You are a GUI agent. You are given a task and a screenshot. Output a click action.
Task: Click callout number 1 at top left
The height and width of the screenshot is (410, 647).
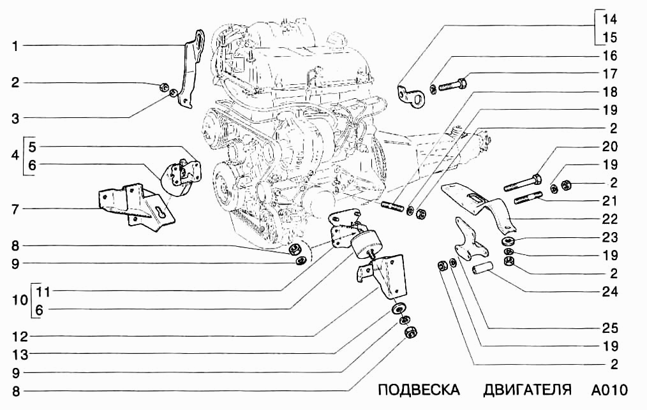pyautogui.click(x=14, y=46)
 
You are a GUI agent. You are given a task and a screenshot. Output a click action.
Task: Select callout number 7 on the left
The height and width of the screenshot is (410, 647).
pyautogui.click(x=14, y=209)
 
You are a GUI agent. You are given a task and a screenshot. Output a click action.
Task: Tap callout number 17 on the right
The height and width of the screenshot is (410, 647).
pyautogui.click(x=610, y=74)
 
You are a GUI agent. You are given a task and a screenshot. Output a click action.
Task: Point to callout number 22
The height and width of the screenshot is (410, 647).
pyautogui.click(x=610, y=219)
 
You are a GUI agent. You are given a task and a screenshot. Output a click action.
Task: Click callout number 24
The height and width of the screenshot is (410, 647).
pyautogui.click(x=610, y=293)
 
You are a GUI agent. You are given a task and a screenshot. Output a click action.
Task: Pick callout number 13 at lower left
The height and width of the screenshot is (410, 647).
pyautogui.click(x=14, y=354)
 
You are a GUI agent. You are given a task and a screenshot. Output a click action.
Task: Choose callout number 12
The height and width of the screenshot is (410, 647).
pyautogui.click(x=14, y=335)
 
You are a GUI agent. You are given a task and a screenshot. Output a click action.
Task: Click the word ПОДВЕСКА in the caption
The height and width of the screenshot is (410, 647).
pyautogui.click(x=419, y=390)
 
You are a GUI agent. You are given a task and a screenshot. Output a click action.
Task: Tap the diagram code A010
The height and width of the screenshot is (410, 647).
pyautogui.click(x=609, y=390)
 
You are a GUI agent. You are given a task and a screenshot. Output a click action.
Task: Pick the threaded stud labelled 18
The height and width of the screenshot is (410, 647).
pyautogui.click(x=394, y=208)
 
